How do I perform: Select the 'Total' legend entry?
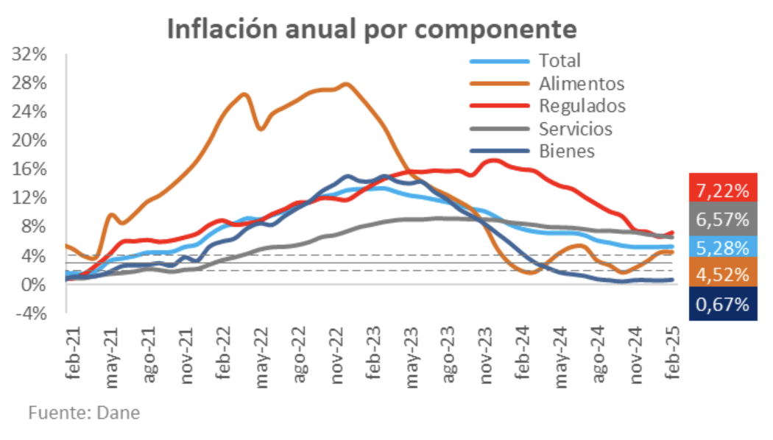coord(559,60)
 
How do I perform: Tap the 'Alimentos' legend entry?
coord(581,83)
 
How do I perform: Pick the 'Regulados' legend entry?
coord(582,106)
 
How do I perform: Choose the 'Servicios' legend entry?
coord(575,129)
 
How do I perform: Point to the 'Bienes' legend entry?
coord(566,152)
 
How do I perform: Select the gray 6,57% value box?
coord(723,219)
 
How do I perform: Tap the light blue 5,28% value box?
coord(723,247)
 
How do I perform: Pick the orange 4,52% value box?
coord(723,276)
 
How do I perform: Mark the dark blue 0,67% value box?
coord(723,304)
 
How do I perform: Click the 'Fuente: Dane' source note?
coord(84,413)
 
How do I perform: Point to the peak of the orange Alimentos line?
coord(346,84)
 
